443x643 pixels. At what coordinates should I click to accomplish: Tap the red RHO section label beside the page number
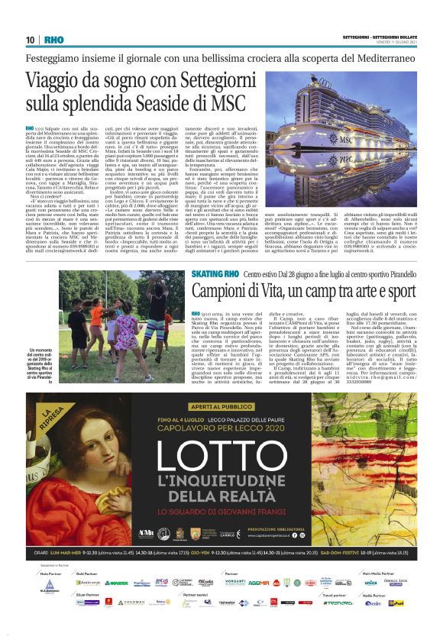click(53, 39)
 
